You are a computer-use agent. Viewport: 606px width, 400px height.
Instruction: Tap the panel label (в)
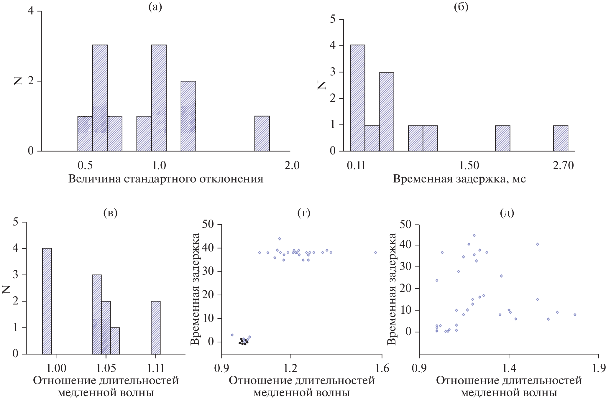110,213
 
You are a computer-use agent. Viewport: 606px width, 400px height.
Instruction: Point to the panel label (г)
304,213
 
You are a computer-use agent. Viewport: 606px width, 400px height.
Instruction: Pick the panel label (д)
507,213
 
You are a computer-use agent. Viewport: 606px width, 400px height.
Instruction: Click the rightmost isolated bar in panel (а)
262,134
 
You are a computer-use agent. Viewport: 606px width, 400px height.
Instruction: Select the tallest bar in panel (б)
357,98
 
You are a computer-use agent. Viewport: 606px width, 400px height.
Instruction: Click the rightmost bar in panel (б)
560,138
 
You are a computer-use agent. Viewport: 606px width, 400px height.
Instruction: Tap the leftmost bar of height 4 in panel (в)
47,301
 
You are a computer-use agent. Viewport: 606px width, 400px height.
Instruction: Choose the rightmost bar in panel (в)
156,327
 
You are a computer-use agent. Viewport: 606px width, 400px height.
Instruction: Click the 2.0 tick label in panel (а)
292,165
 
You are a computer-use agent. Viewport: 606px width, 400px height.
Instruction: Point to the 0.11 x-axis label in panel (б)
356,165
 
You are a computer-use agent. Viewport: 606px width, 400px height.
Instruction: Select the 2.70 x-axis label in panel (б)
563,165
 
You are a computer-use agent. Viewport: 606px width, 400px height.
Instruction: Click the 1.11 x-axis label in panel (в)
155,368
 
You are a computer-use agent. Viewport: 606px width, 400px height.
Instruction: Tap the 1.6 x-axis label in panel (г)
382,368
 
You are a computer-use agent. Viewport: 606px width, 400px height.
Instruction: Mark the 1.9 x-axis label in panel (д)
598,368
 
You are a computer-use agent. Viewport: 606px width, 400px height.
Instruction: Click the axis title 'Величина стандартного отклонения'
166,179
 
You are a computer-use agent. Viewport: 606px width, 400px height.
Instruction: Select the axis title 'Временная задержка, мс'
459,179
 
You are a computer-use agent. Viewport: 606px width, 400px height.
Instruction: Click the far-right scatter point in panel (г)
375,252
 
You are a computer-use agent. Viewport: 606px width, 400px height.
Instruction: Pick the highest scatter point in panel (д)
474,235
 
